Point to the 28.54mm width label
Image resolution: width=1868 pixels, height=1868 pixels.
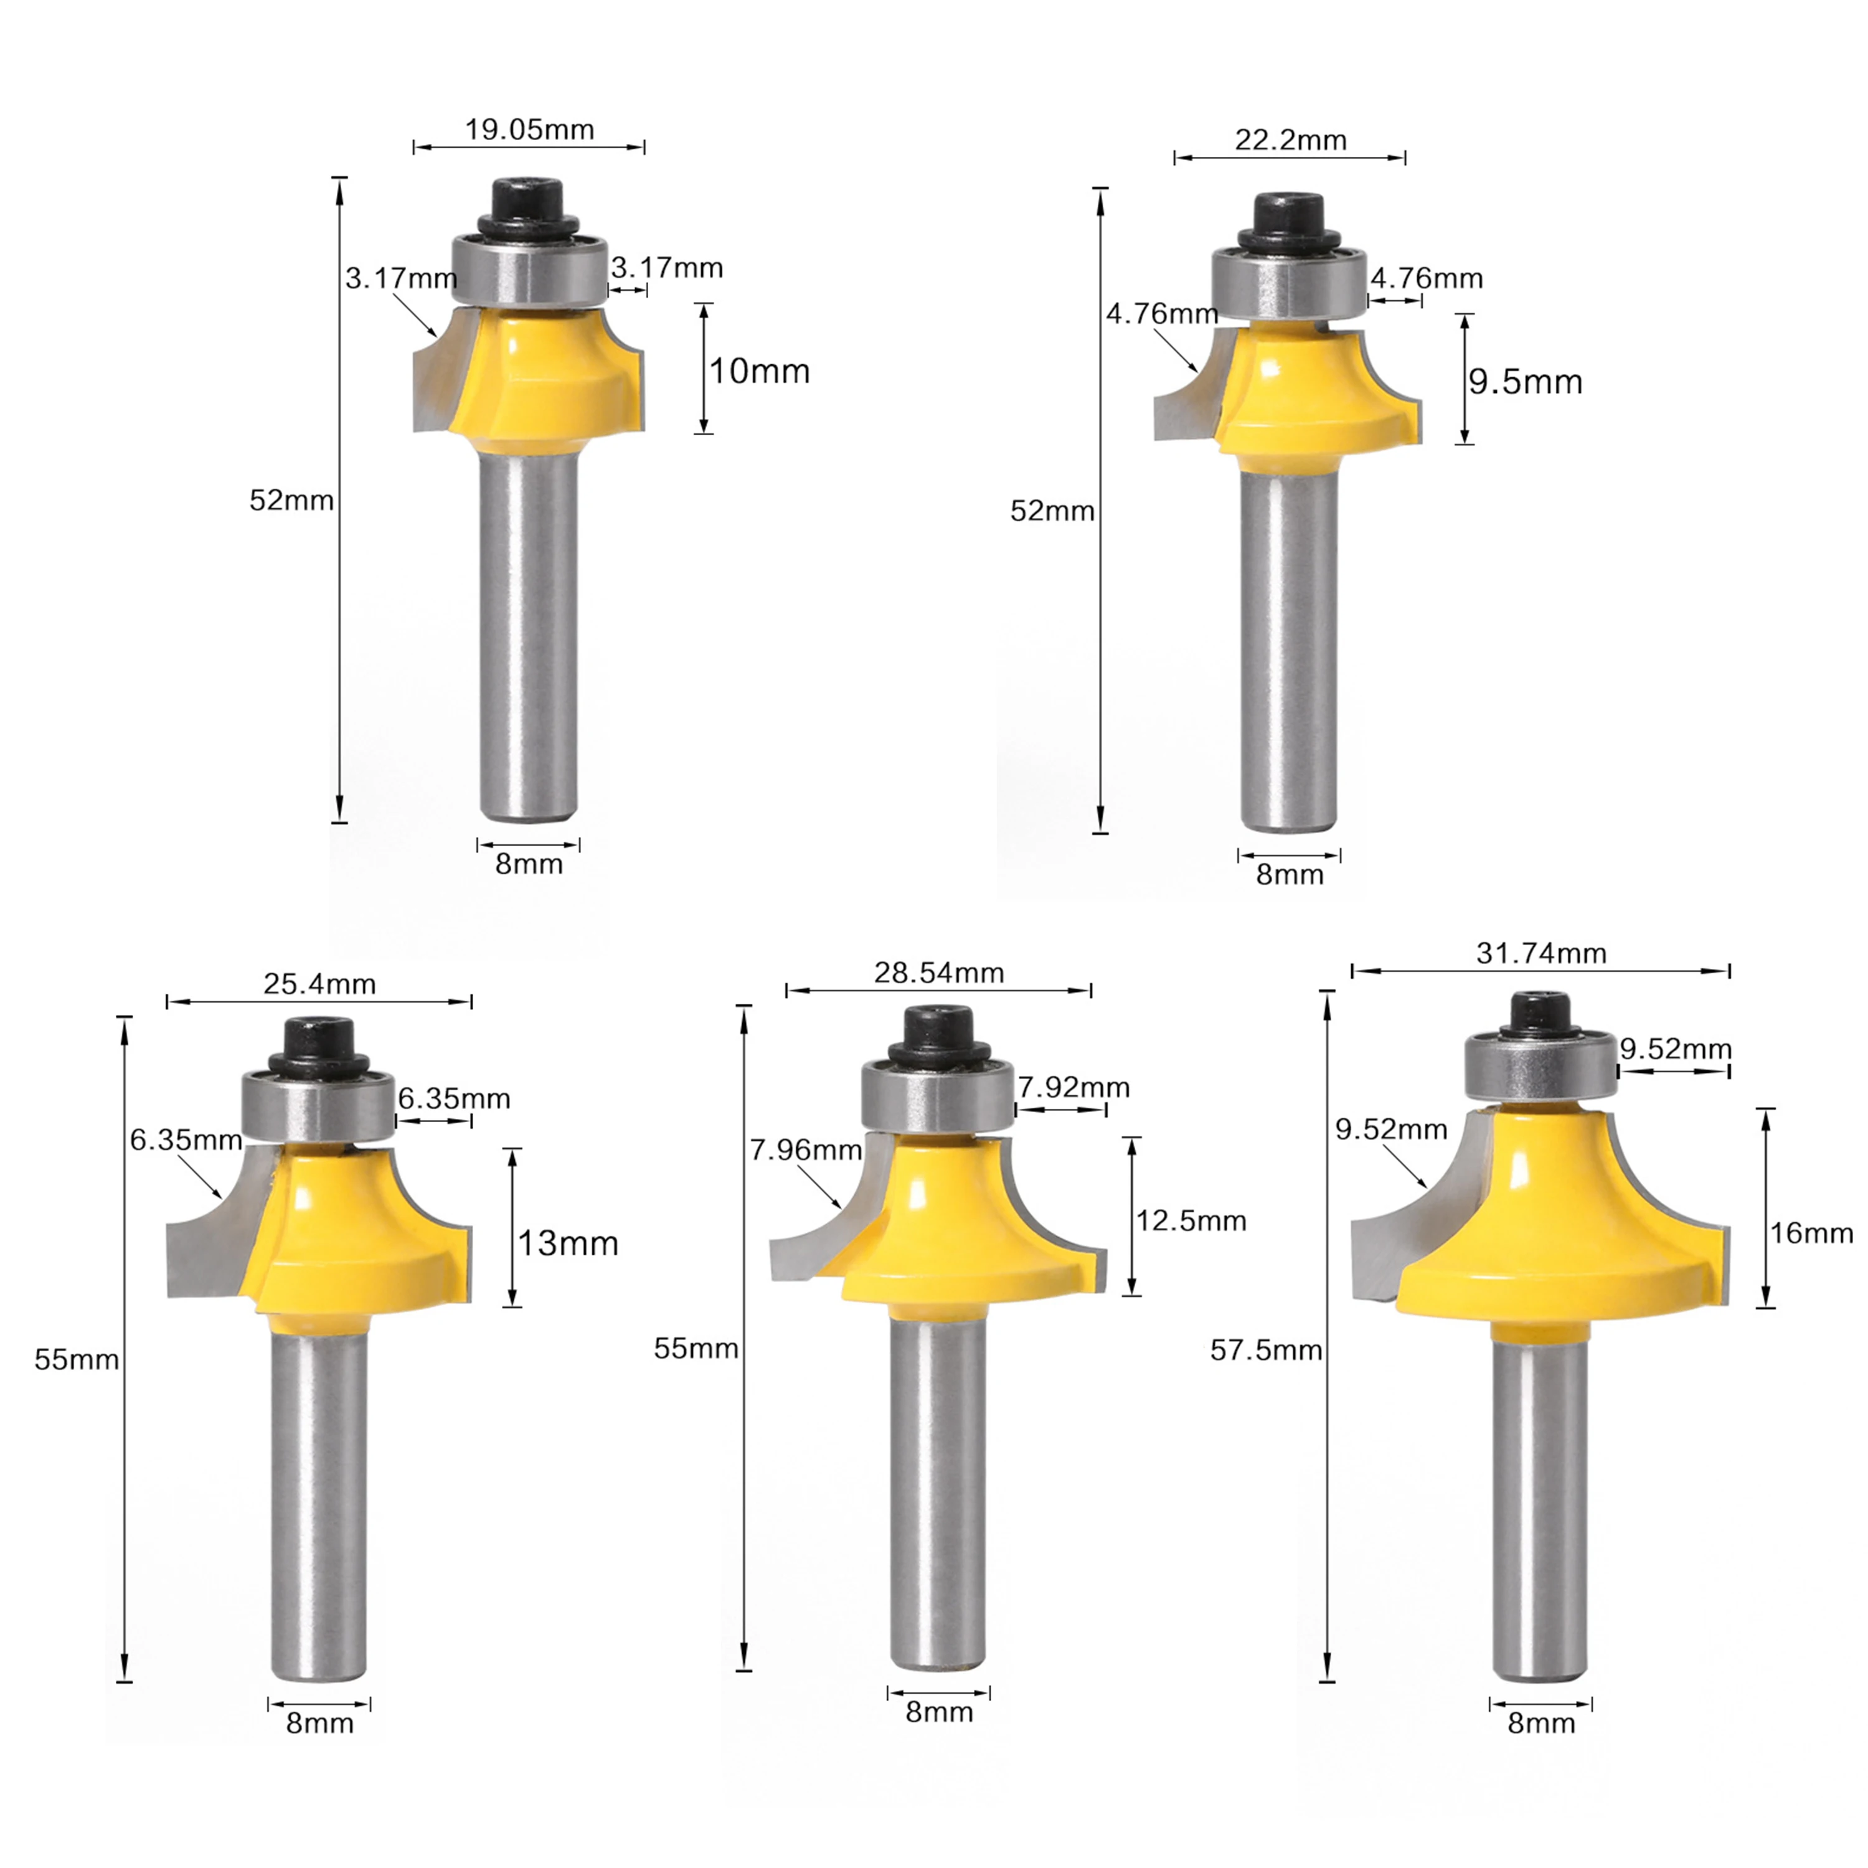click(939, 973)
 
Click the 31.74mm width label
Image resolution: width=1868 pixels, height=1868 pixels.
click(1541, 953)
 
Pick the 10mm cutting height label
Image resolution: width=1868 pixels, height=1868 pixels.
click(760, 371)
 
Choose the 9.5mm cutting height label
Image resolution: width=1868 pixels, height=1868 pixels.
click(1526, 382)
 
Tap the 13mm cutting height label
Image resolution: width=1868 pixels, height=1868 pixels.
click(567, 1243)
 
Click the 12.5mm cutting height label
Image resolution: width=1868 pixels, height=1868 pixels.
click(1191, 1221)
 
